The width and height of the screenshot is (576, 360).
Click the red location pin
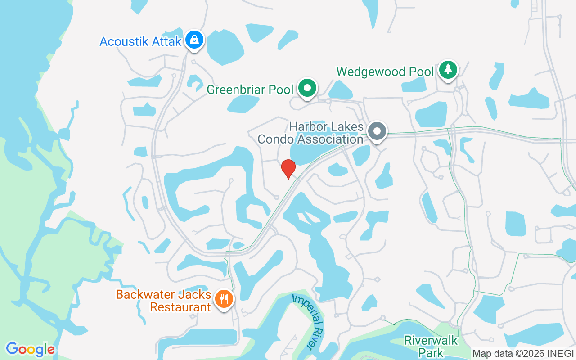click(x=288, y=168)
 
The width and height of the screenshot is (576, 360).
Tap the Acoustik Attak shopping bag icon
click(x=194, y=40)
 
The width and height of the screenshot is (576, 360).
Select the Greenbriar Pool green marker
click(x=308, y=88)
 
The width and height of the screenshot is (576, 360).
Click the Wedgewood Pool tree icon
click(x=448, y=70)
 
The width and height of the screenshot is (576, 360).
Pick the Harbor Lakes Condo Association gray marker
click(x=377, y=132)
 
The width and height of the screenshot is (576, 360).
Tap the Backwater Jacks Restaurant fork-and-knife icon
click(x=223, y=299)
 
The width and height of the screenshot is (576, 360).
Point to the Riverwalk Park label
click(x=431, y=346)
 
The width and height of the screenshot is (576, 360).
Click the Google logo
click(x=30, y=349)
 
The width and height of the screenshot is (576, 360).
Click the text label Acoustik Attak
click(x=140, y=42)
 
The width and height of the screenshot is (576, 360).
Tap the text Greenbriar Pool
click(x=250, y=90)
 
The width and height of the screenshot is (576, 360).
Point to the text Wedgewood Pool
click(x=385, y=72)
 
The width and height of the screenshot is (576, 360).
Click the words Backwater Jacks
click(x=163, y=295)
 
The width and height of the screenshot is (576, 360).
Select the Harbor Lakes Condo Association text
click(x=310, y=133)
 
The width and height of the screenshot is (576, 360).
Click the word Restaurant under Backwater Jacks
click(x=180, y=307)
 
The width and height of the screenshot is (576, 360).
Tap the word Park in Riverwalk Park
click(x=431, y=352)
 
